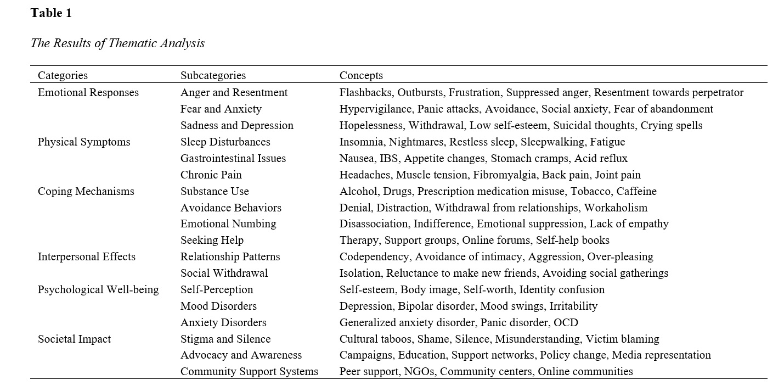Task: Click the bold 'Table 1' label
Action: point(51,13)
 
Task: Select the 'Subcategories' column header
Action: point(213,76)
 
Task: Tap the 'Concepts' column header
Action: point(361,76)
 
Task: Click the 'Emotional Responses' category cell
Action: point(88,92)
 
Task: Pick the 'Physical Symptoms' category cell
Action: point(84,142)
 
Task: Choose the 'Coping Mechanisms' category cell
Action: point(86,191)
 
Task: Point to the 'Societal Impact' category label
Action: point(74,339)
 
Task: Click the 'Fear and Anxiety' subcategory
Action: point(221,109)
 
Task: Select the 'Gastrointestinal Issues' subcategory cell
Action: point(233,158)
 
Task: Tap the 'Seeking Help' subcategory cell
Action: point(212,240)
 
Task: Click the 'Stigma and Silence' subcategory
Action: point(225,339)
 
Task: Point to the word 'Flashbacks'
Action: point(365,92)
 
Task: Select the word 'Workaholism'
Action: point(616,208)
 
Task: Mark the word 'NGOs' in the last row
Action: point(419,372)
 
